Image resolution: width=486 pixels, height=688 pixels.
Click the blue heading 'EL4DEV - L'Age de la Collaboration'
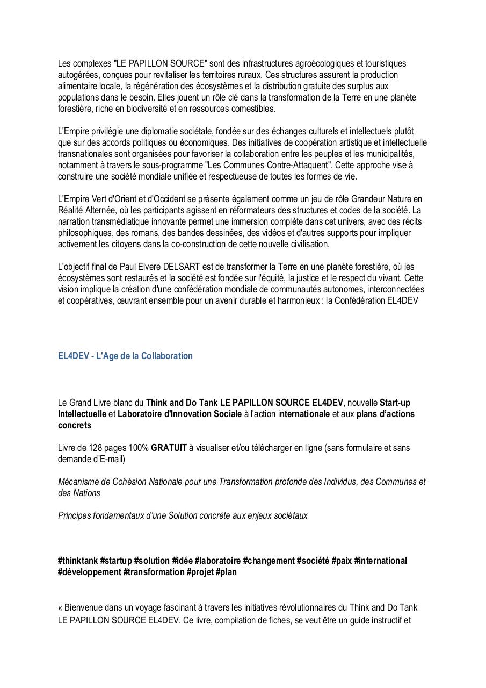(125, 356)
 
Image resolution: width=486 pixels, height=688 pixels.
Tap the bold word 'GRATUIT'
(169, 448)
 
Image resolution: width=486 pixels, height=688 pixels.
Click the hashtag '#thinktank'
(78, 561)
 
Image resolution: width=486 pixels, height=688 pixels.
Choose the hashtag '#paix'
(342, 561)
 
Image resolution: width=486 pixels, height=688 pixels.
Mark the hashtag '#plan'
(226, 572)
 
